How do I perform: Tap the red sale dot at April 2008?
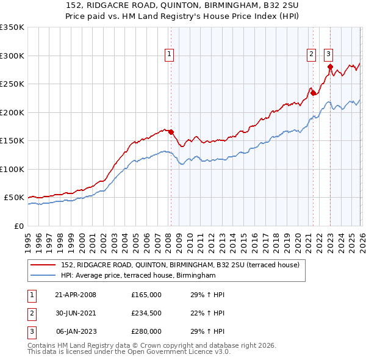[171, 132]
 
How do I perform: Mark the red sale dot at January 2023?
[329, 67]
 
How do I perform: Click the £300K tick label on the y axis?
[12, 56]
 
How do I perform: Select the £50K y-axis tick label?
[14, 198]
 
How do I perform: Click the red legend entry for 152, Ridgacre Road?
[180, 265]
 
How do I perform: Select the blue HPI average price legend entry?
[138, 276]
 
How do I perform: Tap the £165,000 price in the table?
[146, 295]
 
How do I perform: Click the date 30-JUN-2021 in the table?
[76, 313]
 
